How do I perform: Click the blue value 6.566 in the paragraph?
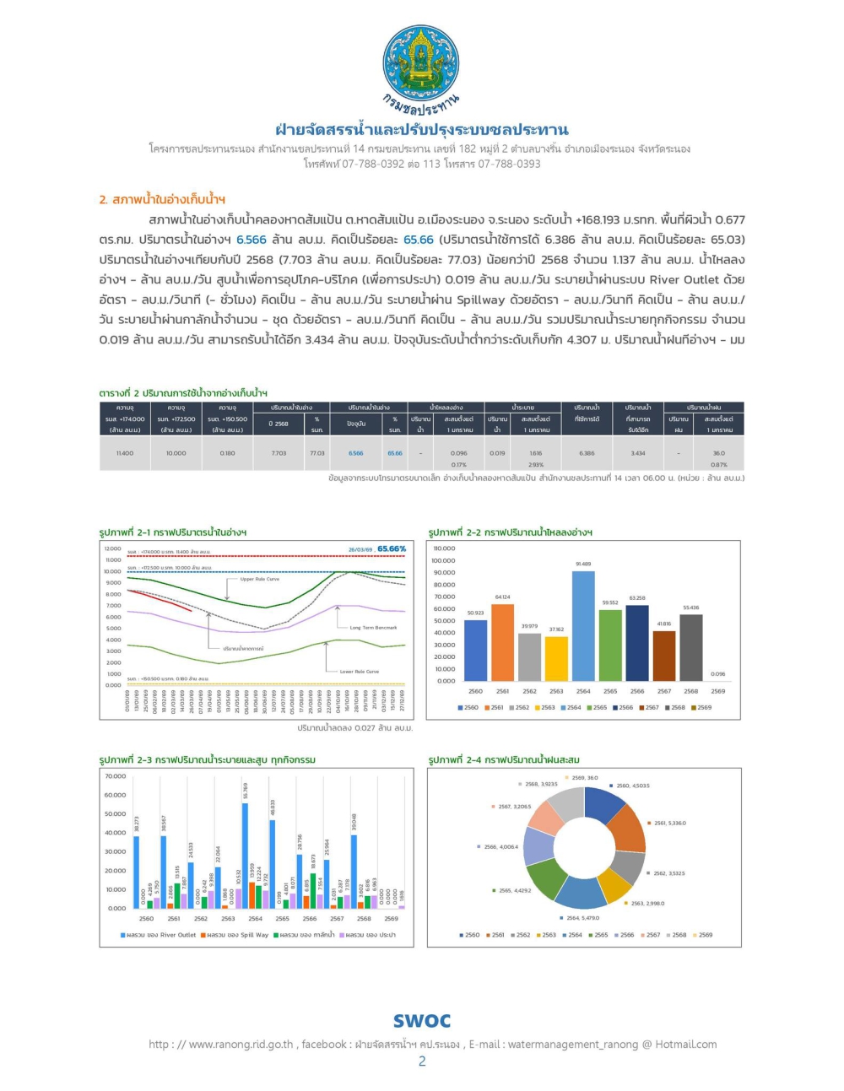click(251, 240)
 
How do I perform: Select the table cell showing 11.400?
click(125, 453)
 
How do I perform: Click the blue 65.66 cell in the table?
click(395, 453)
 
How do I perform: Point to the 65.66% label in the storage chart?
click(392, 548)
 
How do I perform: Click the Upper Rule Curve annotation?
click(259, 579)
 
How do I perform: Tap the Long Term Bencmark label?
click(373, 628)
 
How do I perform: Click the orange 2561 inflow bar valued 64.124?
click(502, 642)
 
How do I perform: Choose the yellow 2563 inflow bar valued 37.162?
click(556, 658)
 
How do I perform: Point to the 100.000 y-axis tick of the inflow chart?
click(443, 560)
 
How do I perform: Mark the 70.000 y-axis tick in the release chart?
click(116, 776)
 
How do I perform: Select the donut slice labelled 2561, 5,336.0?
click(626, 829)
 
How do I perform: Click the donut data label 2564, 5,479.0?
click(582, 918)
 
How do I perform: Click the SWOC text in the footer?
click(422, 1021)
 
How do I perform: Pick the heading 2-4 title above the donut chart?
click(504, 759)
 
